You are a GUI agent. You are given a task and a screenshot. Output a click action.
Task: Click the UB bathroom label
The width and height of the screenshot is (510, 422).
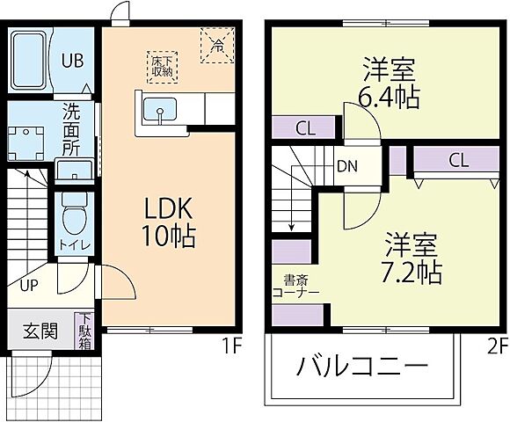72,61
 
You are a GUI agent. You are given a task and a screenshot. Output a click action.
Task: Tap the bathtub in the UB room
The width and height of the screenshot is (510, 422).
31,61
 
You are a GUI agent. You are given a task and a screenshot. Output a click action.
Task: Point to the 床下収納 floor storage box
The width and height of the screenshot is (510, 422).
161,64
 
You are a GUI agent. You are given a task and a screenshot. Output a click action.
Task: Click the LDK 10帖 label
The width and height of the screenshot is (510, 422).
169,221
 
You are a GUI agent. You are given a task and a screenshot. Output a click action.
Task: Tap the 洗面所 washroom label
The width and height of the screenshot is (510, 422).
72,128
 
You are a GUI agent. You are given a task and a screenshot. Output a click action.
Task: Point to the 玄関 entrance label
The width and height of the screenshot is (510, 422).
40,331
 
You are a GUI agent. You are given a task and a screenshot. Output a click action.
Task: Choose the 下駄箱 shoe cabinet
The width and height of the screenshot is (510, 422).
86,331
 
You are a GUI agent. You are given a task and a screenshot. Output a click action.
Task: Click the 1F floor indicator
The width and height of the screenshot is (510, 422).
231,346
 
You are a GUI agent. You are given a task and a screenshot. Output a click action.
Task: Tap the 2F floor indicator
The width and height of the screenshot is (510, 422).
496,346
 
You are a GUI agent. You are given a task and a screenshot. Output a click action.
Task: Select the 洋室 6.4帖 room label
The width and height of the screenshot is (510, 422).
388,81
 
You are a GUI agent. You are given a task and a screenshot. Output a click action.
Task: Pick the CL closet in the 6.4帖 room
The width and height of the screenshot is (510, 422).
304,128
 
